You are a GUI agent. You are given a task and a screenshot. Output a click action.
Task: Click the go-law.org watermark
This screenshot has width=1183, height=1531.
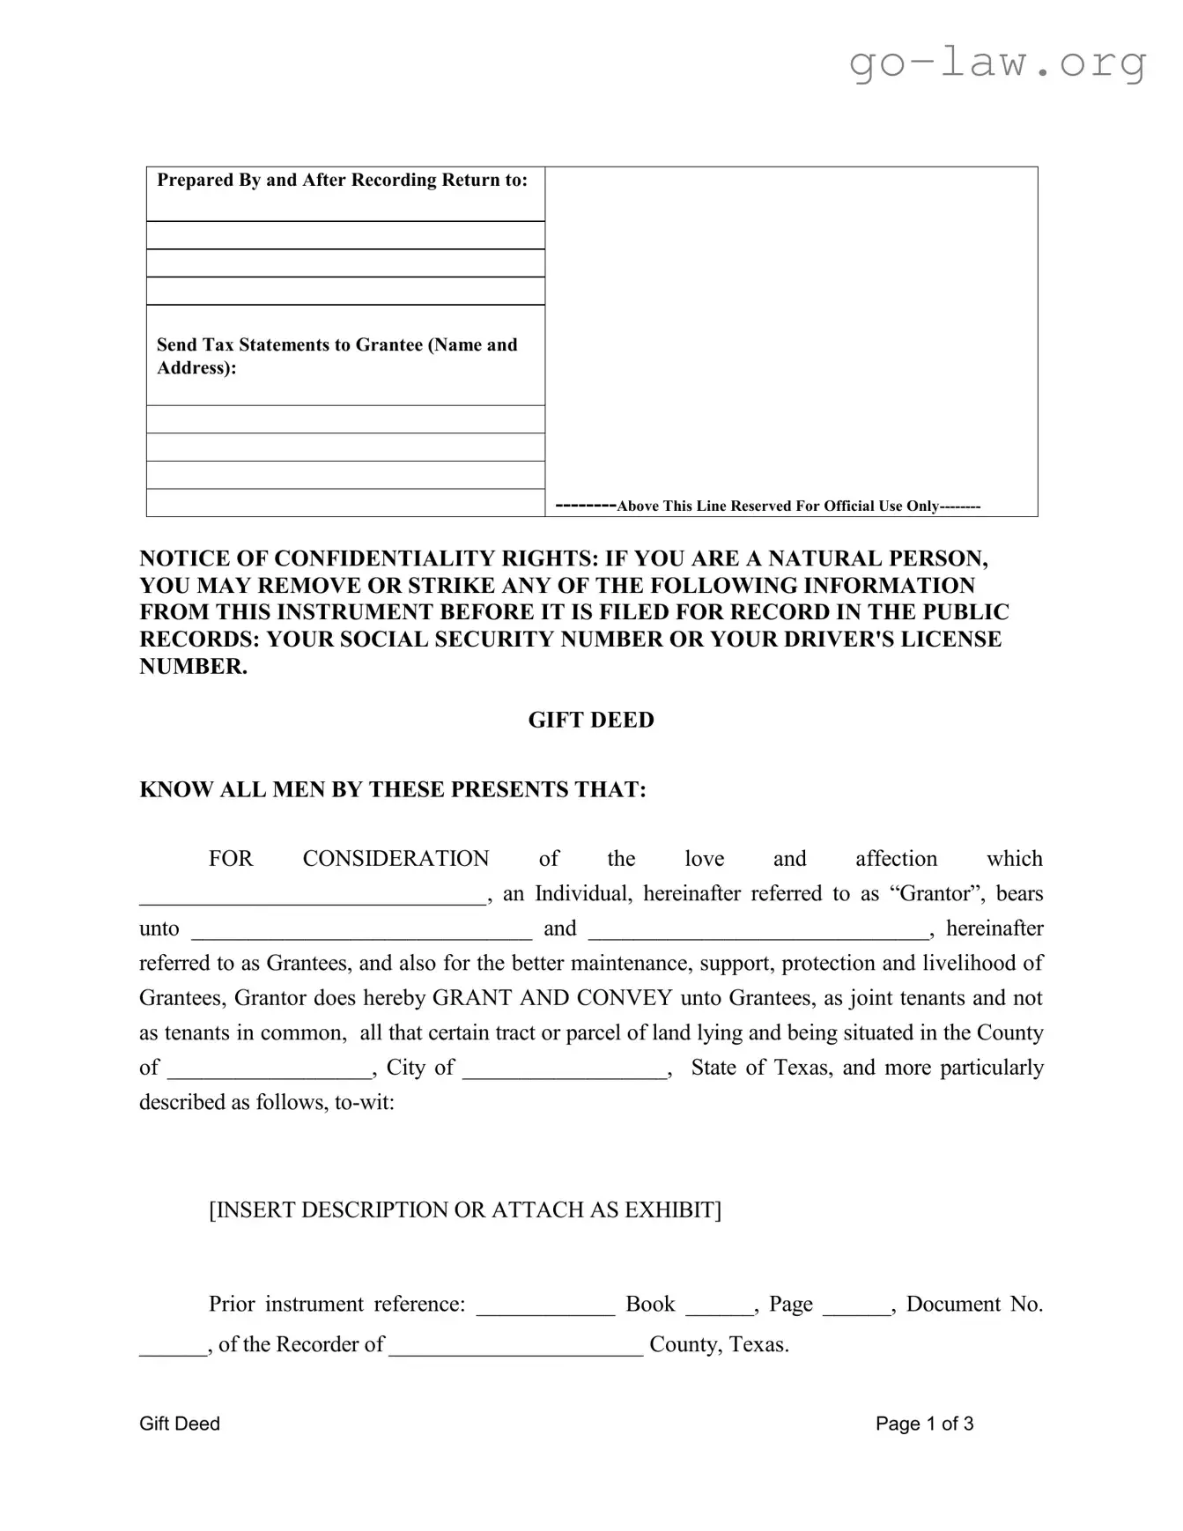coord(997,63)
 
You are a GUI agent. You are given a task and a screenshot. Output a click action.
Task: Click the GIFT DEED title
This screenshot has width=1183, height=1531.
coord(591,720)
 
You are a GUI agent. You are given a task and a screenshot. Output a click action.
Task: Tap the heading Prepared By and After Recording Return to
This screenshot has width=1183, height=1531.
coord(342,180)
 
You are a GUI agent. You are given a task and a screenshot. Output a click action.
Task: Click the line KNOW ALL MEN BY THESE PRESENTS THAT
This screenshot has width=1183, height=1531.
coord(393,789)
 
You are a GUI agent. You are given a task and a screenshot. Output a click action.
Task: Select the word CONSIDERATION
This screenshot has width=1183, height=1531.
coord(396,858)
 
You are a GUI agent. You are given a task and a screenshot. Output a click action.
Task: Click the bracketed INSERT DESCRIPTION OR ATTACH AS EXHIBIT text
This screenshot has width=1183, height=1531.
coord(465,1209)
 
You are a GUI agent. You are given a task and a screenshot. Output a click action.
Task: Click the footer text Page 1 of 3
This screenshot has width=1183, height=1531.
coord(924,1424)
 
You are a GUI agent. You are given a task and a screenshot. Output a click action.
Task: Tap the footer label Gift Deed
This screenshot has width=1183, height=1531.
coord(180,1424)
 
